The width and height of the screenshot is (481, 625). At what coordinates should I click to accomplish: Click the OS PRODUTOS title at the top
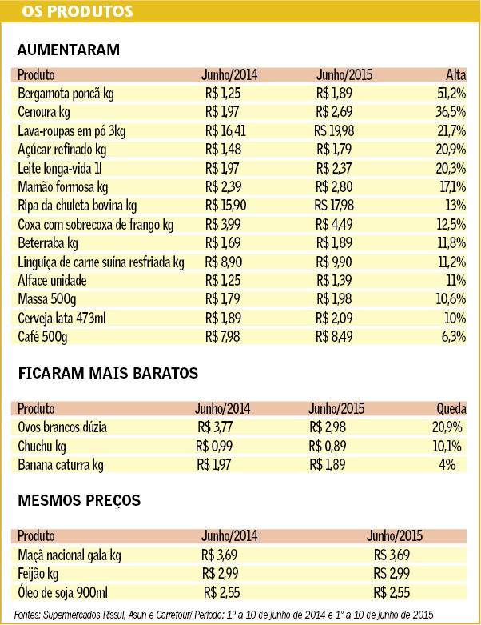coord(61,11)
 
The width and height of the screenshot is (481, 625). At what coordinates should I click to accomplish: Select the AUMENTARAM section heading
coord(68,50)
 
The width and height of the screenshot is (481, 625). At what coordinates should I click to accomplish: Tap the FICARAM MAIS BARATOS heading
coord(108,373)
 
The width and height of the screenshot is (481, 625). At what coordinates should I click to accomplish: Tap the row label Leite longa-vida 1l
coord(60,169)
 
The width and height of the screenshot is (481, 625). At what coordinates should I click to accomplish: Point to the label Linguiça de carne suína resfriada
coord(101,262)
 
